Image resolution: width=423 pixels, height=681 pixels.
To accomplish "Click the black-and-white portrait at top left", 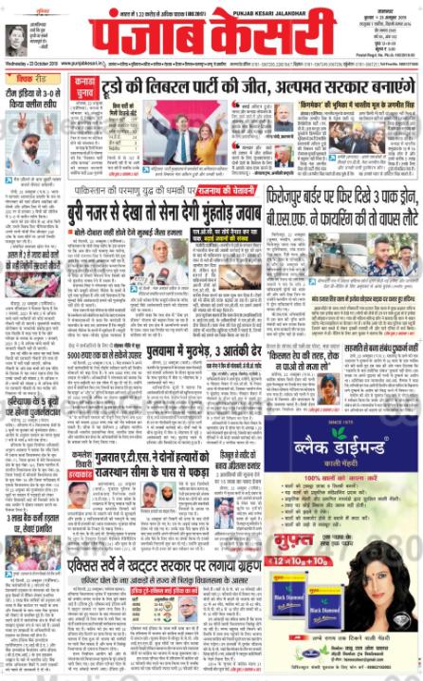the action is point(16,39).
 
